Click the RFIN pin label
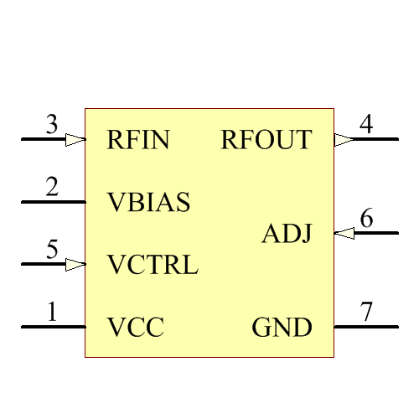point(138,140)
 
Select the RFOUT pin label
point(266,140)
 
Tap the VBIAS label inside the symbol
point(149,202)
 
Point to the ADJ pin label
point(287,234)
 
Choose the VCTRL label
point(153,265)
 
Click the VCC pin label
point(135,327)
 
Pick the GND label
point(282,328)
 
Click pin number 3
point(52,127)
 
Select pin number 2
point(52,189)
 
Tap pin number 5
point(52,251)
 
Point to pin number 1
point(52,313)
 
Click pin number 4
point(366,126)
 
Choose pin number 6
point(366,220)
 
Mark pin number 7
point(366,313)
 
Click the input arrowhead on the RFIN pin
point(75,140)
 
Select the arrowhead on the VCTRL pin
point(75,265)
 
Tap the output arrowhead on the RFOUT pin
point(344,140)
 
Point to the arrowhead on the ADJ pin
point(344,234)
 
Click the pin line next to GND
point(366,327)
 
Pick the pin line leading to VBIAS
point(52,202)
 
